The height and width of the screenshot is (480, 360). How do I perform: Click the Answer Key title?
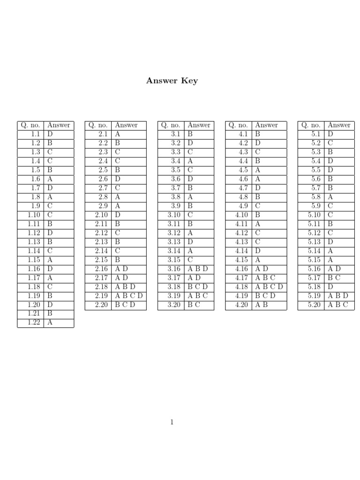click(x=172, y=81)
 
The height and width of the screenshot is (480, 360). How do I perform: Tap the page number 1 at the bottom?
click(x=172, y=422)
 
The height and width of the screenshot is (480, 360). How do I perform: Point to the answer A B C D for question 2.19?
click(x=128, y=296)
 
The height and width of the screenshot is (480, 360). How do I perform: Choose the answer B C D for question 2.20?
click(x=125, y=305)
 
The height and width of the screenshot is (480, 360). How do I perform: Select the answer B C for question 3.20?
click(x=194, y=305)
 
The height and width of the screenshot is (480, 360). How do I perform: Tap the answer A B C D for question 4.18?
click(x=269, y=287)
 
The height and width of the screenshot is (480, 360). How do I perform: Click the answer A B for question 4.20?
click(x=262, y=305)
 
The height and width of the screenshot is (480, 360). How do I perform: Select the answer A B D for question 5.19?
click(x=337, y=296)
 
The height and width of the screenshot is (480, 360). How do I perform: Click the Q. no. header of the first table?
click(x=30, y=125)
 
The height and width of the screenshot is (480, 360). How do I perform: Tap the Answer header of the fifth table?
click(x=339, y=125)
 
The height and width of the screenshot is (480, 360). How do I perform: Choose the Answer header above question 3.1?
click(x=199, y=125)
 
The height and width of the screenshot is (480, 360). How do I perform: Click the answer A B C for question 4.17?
click(x=265, y=277)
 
